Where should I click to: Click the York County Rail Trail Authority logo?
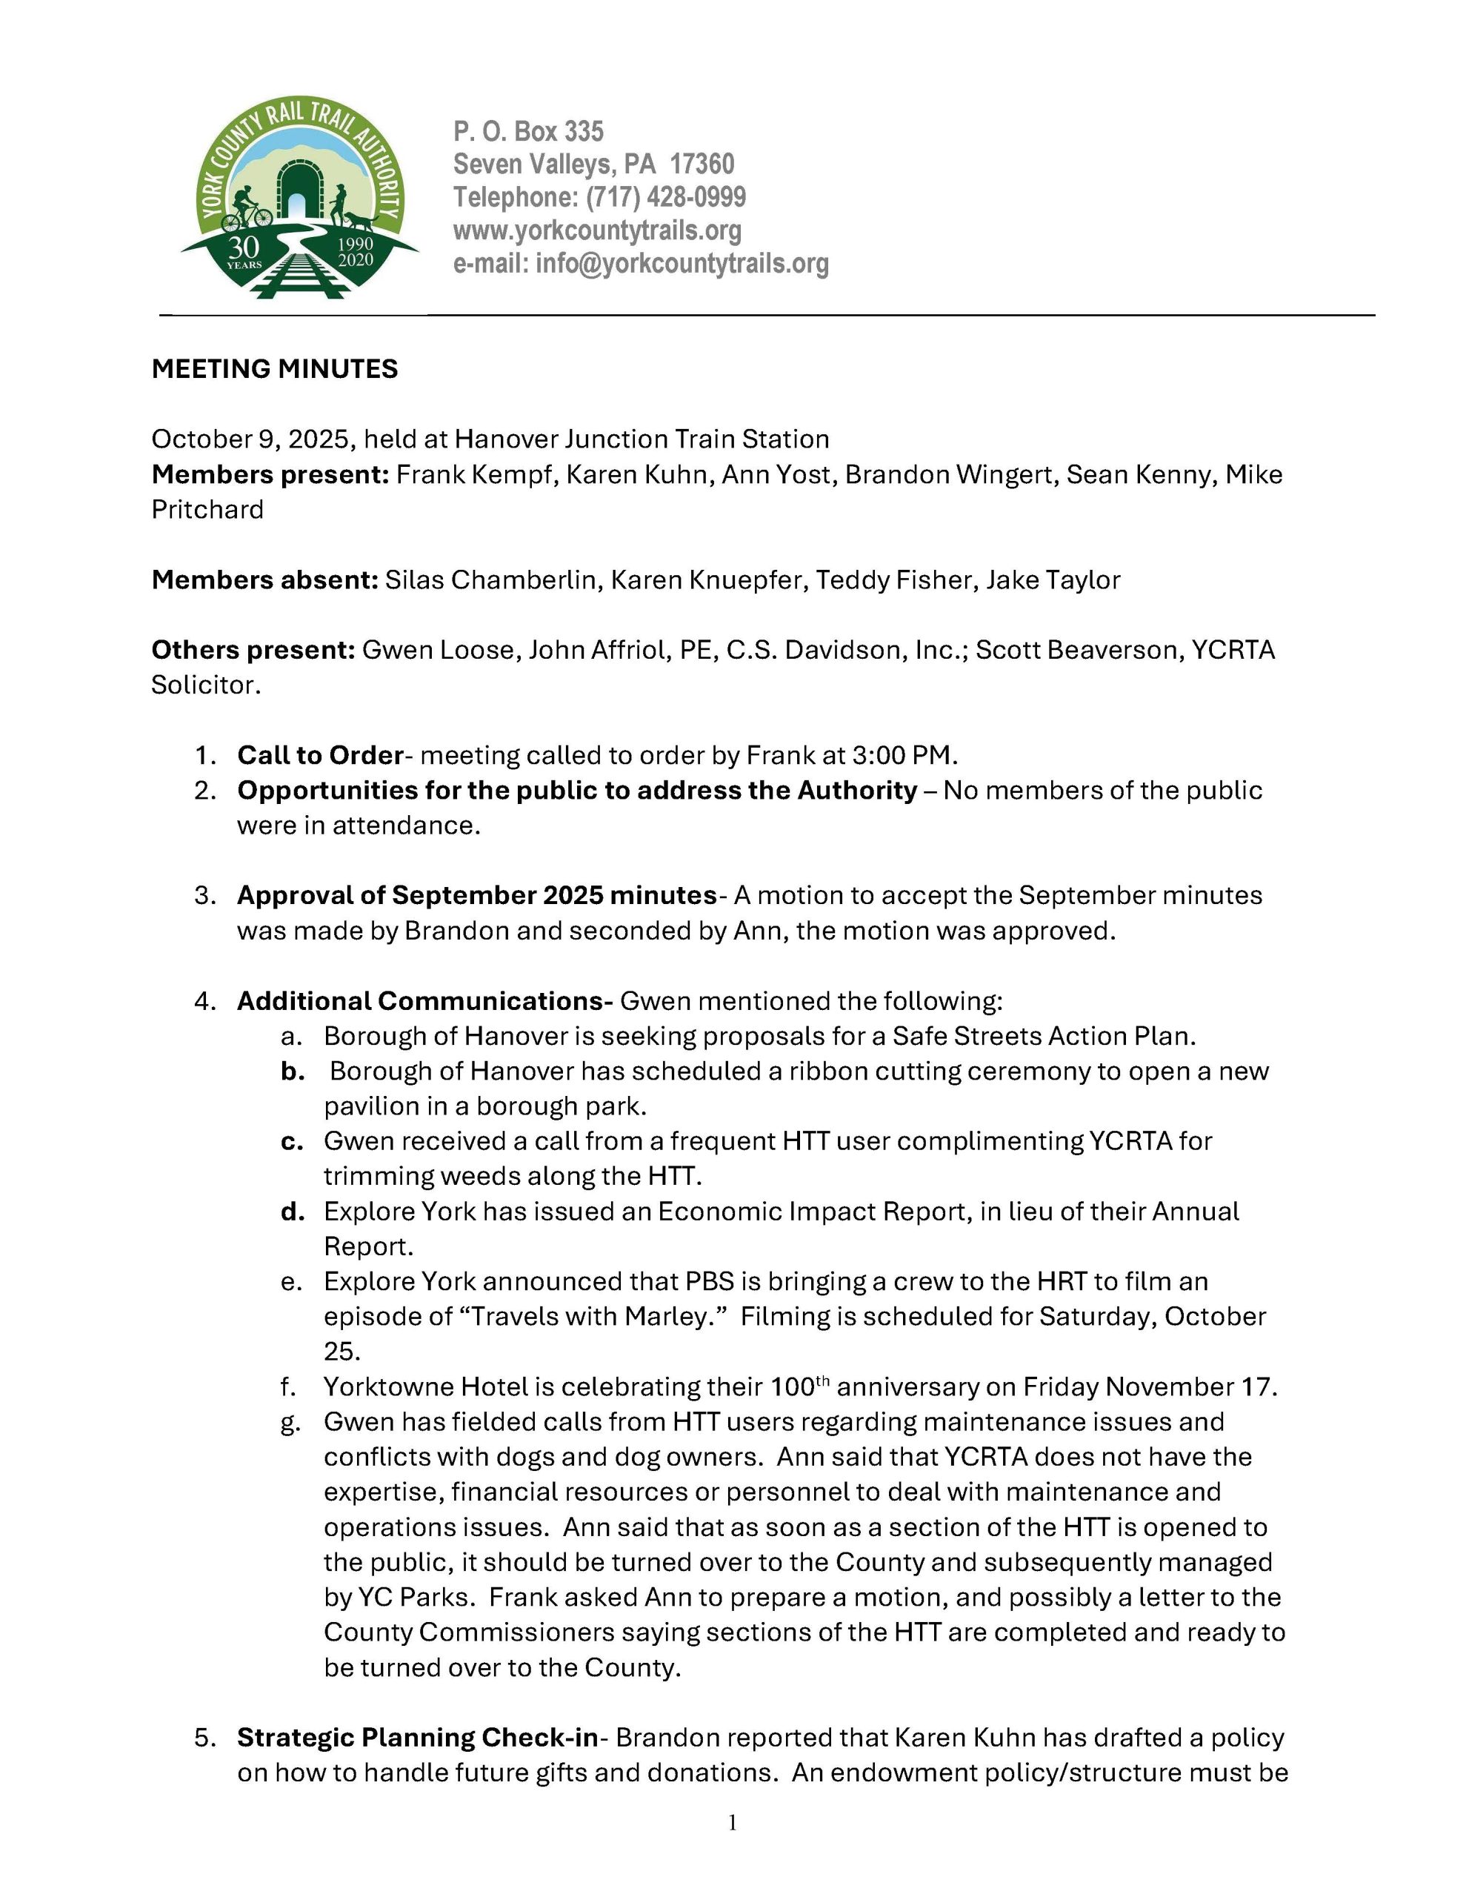(x=299, y=198)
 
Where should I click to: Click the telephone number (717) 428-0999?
(x=665, y=197)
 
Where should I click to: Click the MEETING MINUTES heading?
(x=274, y=369)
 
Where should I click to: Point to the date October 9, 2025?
(x=253, y=439)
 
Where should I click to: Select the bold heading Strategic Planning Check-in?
(x=418, y=1737)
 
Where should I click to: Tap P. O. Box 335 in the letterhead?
(x=528, y=131)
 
